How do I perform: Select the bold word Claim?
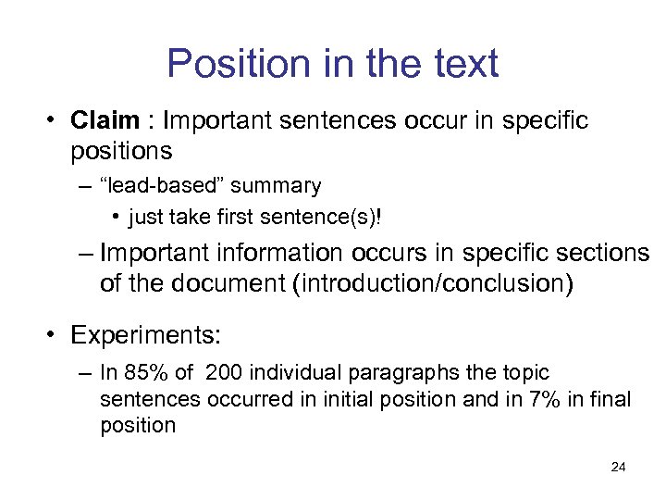coord(105,122)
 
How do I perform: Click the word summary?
coord(276,186)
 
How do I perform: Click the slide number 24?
coord(618,467)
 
